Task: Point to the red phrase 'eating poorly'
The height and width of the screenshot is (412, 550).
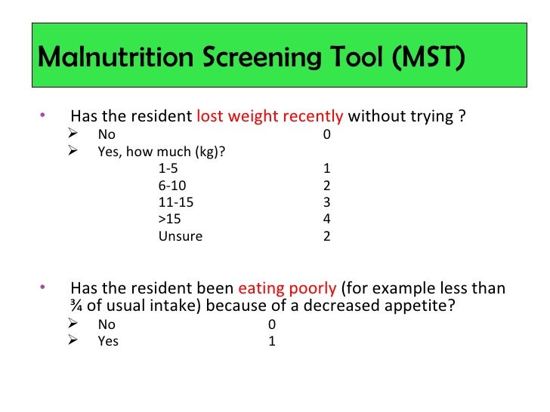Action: [287, 289]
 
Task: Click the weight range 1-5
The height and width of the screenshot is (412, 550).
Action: [168, 168]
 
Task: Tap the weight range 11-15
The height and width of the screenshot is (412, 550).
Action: [175, 202]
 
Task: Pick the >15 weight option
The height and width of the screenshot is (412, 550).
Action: [170, 219]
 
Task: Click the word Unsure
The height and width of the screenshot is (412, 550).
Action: [180, 236]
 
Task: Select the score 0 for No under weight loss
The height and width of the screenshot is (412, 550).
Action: [326, 135]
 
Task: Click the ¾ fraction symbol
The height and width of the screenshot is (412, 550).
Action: [76, 307]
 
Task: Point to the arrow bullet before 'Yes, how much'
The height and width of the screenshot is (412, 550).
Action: [73, 151]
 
